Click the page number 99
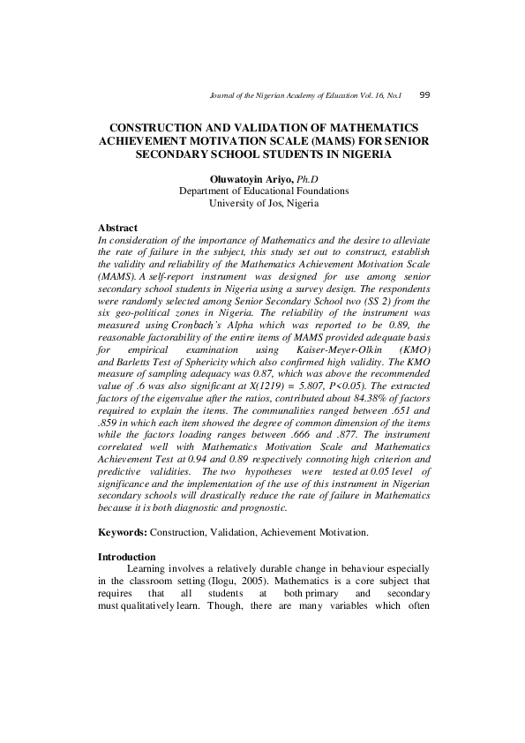(424, 94)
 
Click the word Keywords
(122, 533)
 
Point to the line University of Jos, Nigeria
(264, 203)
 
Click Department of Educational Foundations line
(264, 191)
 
